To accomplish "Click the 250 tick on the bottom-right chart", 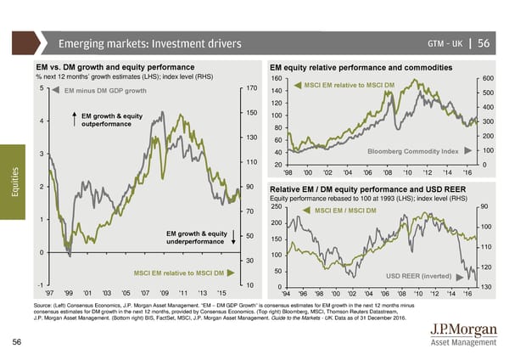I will click(x=275, y=207).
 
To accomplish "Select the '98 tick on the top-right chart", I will click(x=288, y=173).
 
